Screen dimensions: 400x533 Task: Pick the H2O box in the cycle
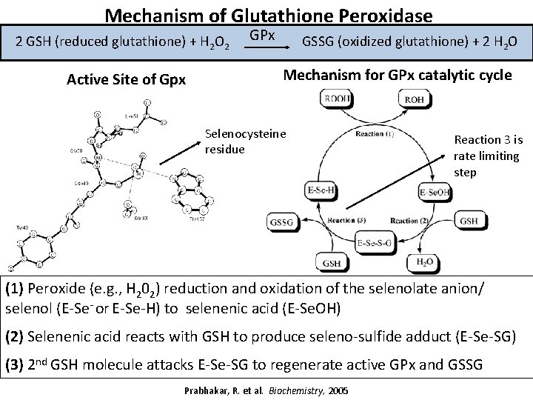pos(426,261)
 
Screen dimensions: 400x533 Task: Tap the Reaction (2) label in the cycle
pos(406,220)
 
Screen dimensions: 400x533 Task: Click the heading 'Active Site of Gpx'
pos(126,79)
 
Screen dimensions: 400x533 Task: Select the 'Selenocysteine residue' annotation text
pos(245,140)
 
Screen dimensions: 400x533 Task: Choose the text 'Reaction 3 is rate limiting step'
pos(487,156)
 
